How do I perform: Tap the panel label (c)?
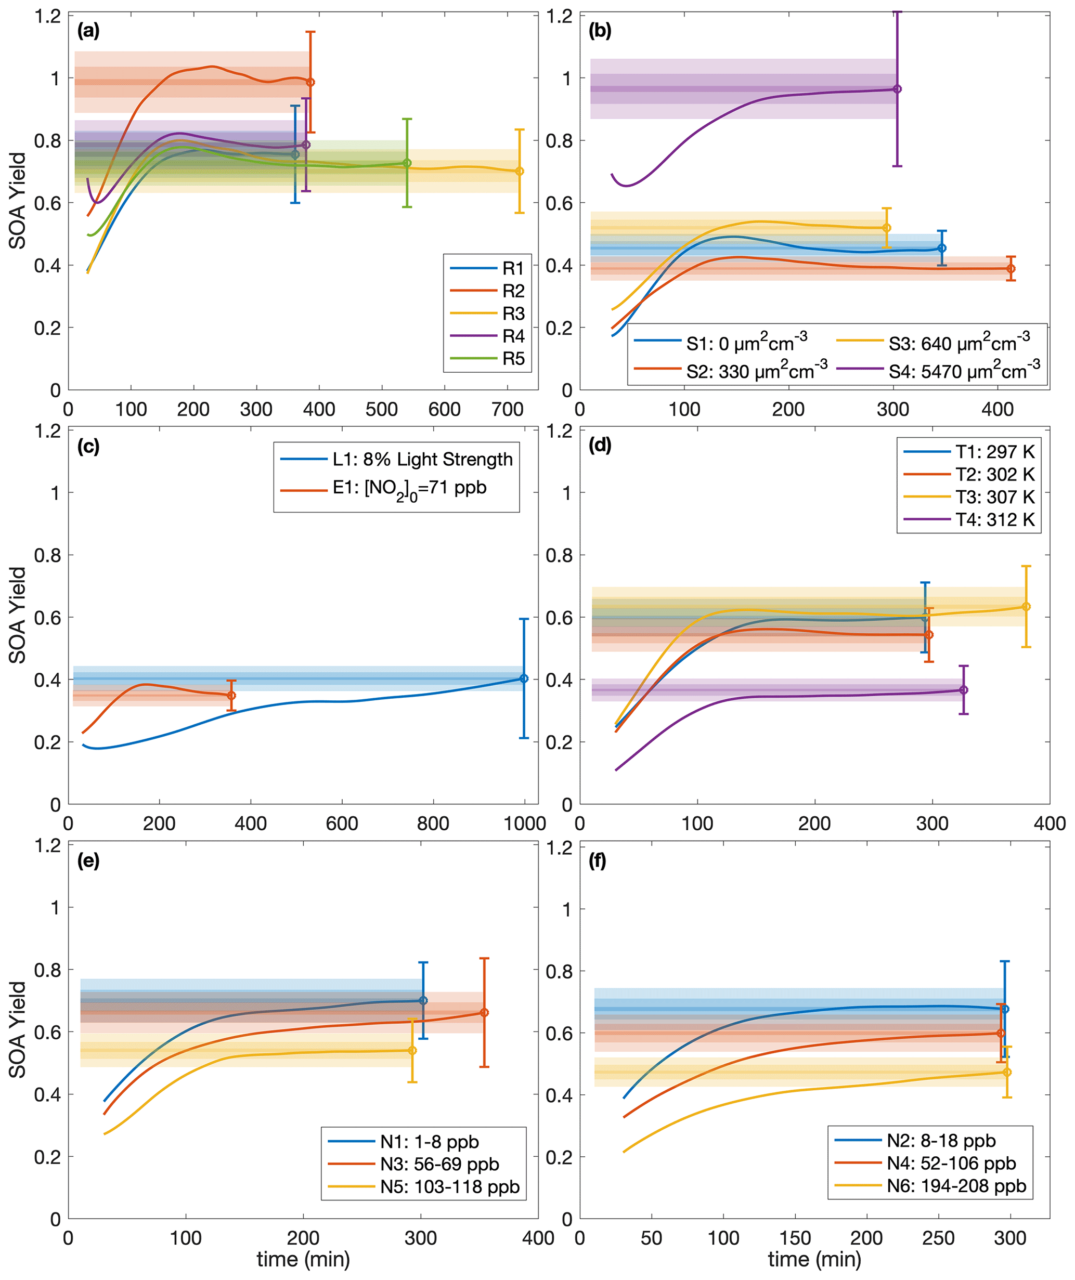(88, 446)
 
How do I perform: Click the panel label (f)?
(598, 862)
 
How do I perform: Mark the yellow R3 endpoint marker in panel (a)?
(520, 171)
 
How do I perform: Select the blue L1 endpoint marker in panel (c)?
(524, 678)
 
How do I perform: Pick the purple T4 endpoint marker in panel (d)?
(963, 690)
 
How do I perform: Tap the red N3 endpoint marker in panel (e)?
(484, 1012)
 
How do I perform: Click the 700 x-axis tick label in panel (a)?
(507, 410)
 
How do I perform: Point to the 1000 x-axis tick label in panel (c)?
(524, 824)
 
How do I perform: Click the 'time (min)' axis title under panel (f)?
(814, 1259)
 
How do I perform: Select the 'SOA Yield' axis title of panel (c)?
(18, 615)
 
